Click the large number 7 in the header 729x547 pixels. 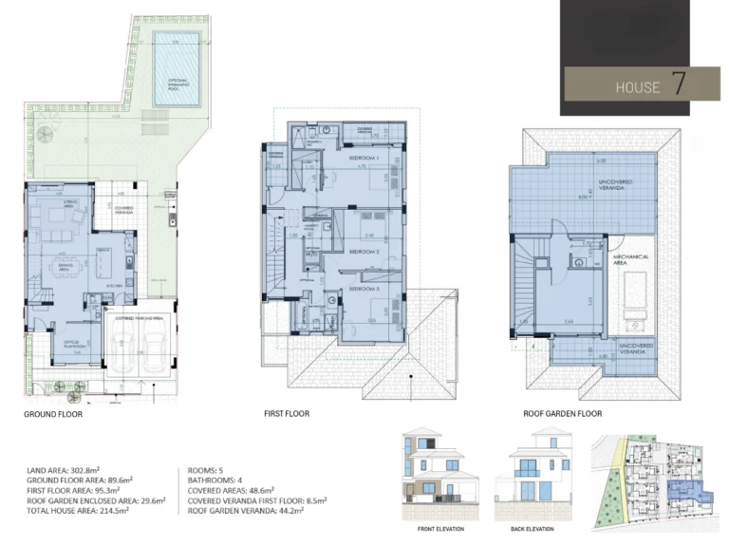point(680,84)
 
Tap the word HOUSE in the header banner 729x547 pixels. point(637,87)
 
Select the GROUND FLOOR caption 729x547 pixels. point(53,415)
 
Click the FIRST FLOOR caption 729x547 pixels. point(287,414)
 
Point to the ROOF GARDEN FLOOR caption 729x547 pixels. point(563,414)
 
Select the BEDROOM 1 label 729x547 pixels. point(364,157)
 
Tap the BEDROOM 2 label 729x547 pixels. point(364,252)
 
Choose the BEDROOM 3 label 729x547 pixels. point(364,288)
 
